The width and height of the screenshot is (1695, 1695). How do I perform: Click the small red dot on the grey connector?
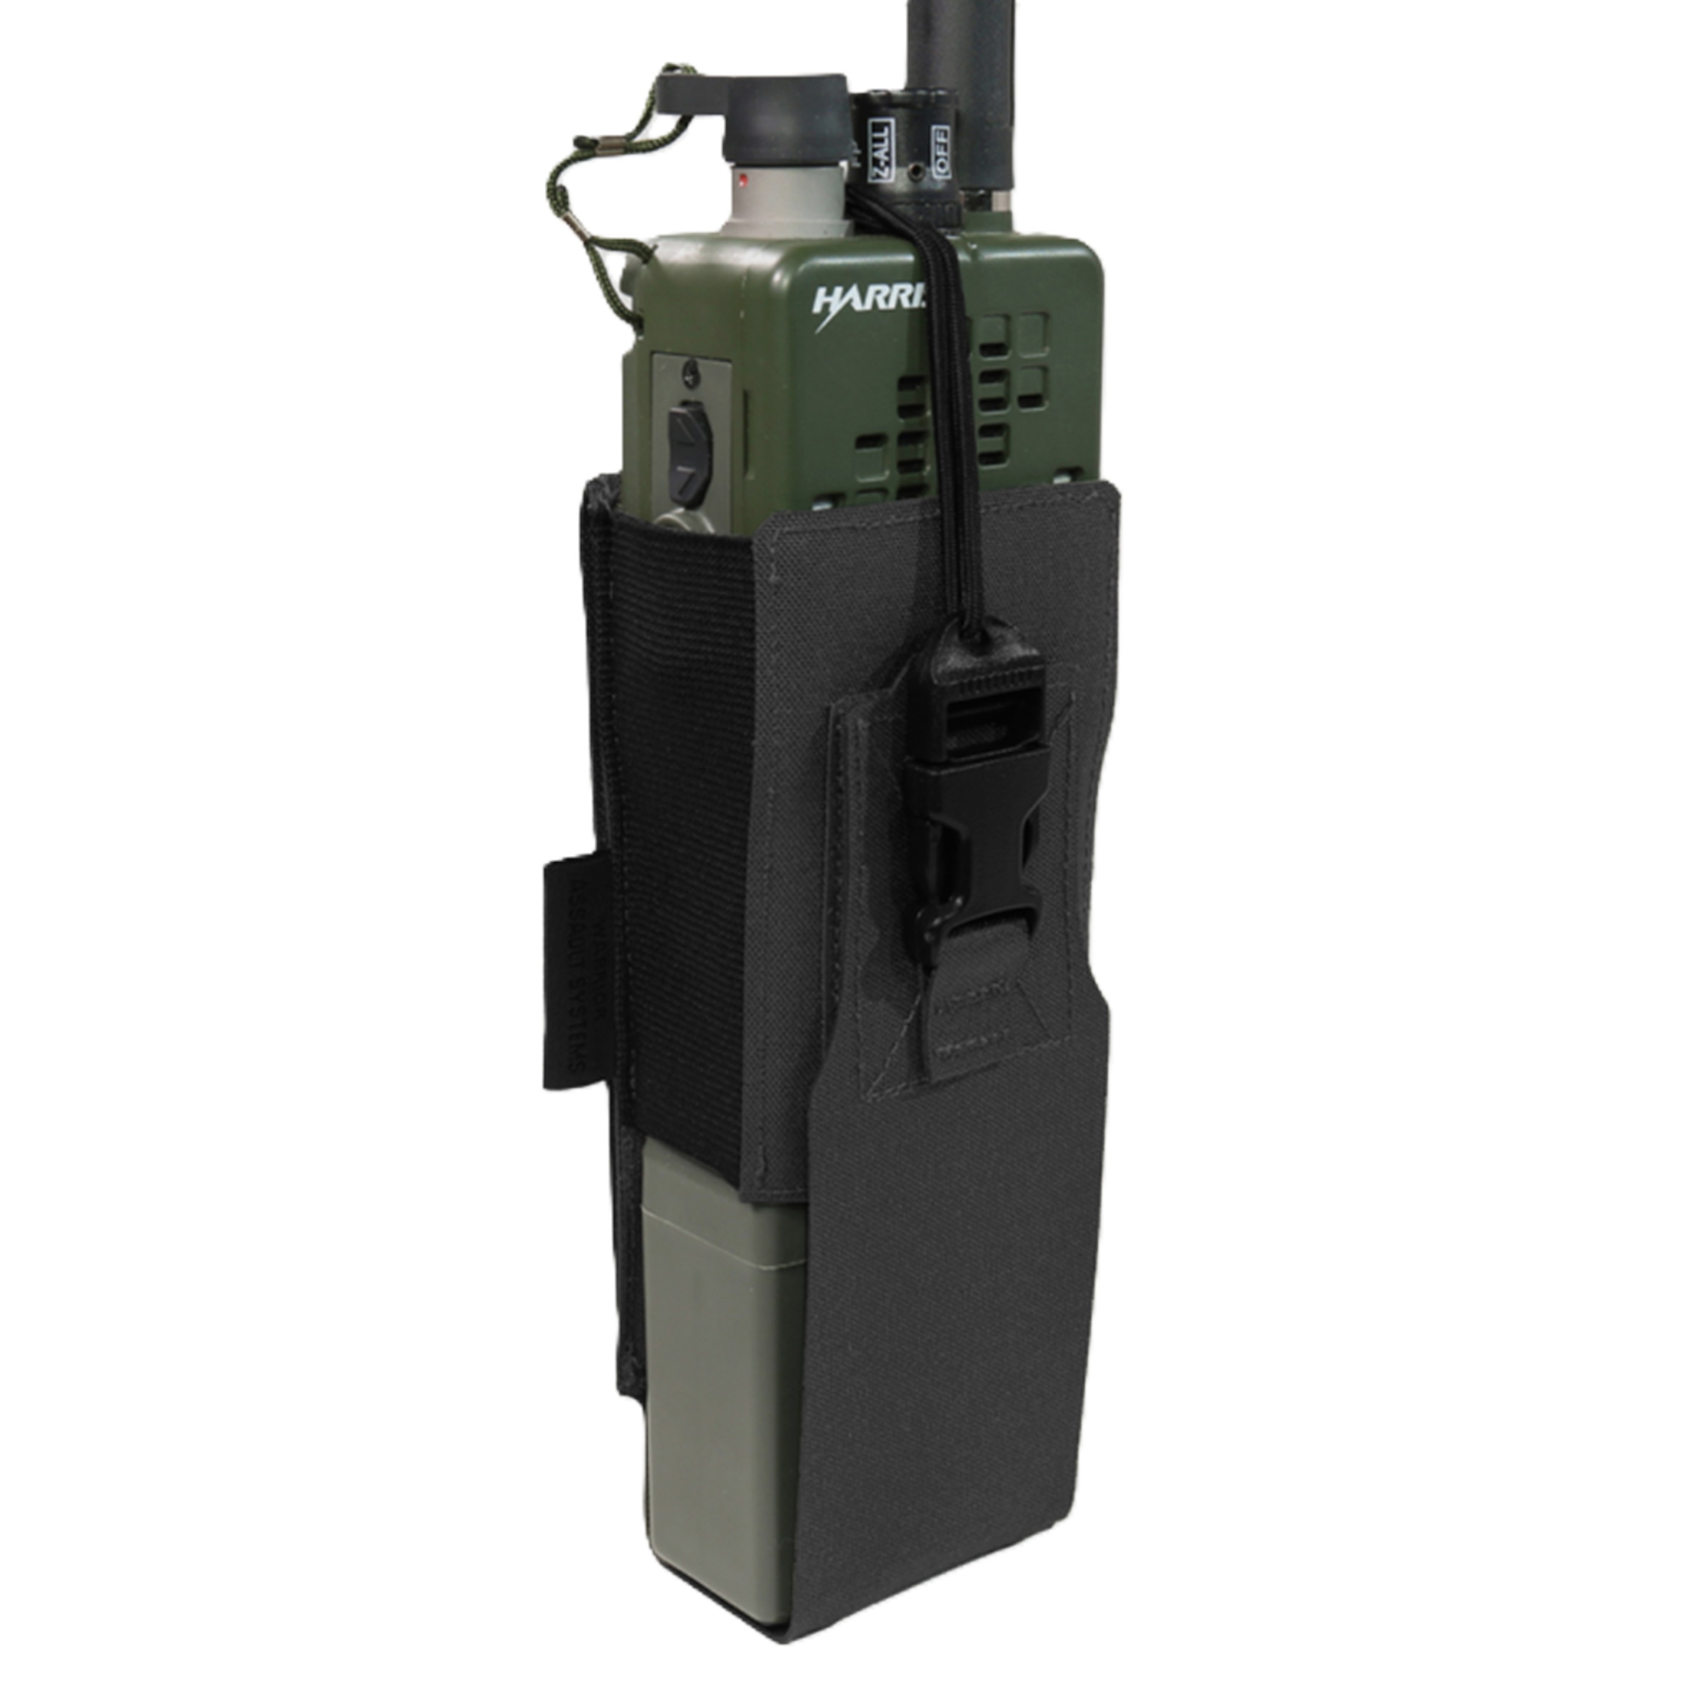tap(743, 182)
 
